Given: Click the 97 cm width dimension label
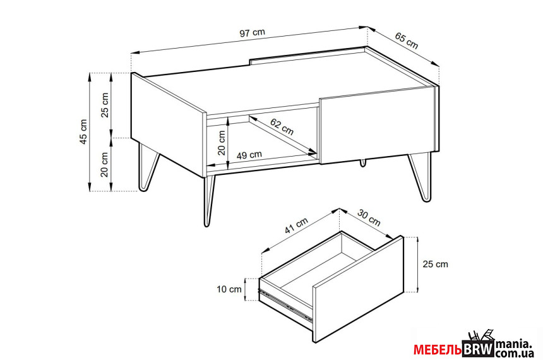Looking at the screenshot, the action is click(x=253, y=33).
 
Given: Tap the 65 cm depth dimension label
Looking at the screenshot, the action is click(x=407, y=41).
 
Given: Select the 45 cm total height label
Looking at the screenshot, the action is click(x=83, y=131).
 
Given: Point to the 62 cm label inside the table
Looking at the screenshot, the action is click(x=282, y=126).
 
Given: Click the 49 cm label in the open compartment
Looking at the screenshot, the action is click(x=249, y=155).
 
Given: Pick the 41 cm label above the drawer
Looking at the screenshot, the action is click(x=296, y=225).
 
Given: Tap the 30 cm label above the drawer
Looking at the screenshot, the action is click(x=369, y=218).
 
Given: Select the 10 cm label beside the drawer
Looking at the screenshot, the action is click(x=229, y=289).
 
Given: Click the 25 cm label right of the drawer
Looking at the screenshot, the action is click(x=435, y=264).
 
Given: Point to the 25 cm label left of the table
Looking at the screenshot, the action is click(x=105, y=105).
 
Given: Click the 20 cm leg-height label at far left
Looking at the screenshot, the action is click(x=105, y=165).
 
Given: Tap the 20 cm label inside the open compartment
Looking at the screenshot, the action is click(x=222, y=142).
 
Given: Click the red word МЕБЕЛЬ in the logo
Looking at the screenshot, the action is click(x=438, y=350).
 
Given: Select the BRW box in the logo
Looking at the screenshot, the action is click(x=478, y=349).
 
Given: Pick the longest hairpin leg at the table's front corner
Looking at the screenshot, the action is click(x=208, y=200).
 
